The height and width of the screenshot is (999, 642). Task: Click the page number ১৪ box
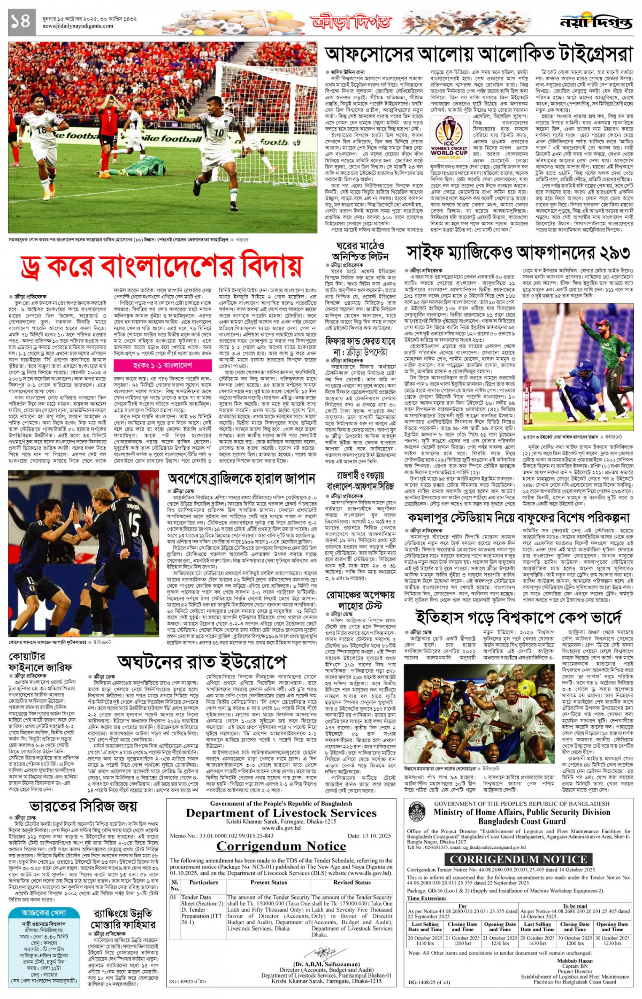[x=20, y=21]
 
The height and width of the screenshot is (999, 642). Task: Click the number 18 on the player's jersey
[x=42, y=129]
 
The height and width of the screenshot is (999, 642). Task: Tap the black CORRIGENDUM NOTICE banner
[x=518, y=859]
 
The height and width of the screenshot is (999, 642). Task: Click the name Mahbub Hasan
[x=575, y=960]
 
